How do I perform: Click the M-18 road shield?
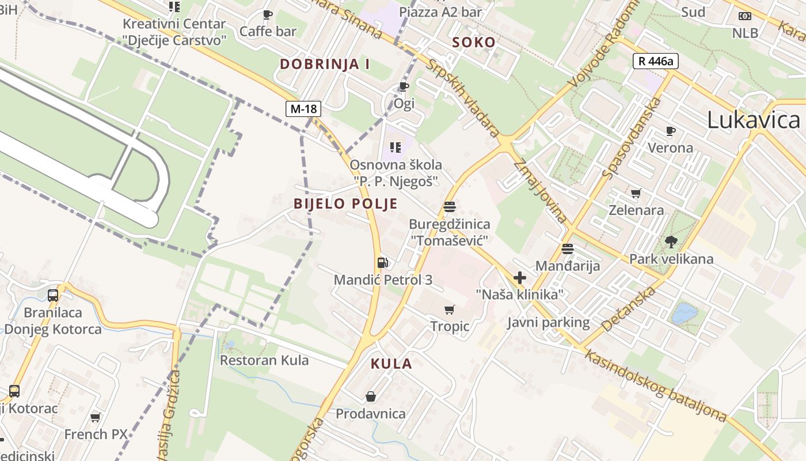click(x=303, y=108)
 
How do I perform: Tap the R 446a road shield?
click(x=656, y=61)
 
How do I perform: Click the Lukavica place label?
click(x=753, y=120)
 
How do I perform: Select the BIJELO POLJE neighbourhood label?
click(x=345, y=203)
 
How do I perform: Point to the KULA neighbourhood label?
click(x=391, y=364)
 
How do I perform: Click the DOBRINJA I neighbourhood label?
click(x=325, y=64)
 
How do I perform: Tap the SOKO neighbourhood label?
click(x=474, y=42)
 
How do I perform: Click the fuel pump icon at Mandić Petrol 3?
click(x=382, y=263)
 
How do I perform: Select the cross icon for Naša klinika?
click(x=520, y=278)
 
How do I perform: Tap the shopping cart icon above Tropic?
click(x=450, y=310)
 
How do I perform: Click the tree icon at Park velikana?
click(x=671, y=241)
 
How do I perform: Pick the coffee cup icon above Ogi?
click(x=404, y=87)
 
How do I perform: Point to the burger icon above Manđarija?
click(x=568, y=249)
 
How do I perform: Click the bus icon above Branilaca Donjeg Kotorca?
click(x=53, y=296)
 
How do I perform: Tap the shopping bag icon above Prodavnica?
click(x=371, y=396)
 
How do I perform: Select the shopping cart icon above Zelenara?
click(x=636, y=193)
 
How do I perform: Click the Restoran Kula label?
click(x=264, y=361)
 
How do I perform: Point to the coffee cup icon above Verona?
click(x=670, y=131)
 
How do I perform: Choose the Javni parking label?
click(x=548, y=323)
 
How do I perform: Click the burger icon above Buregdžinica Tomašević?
click(x=450, y=207)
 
